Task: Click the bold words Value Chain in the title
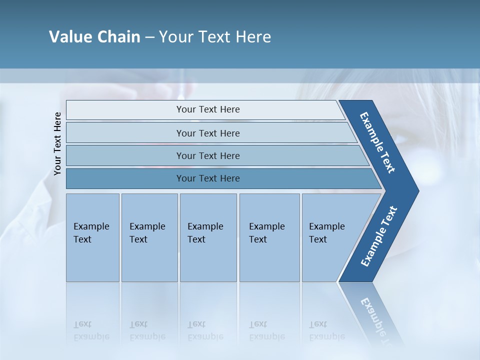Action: coord(94,37)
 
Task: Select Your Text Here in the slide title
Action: coord(215,37)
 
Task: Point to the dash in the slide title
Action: coord(149,37)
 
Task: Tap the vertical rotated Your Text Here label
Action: coord(57,143)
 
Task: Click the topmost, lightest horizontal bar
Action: coord(125,109)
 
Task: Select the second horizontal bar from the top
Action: coord(125,133)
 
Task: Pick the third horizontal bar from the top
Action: coord(125,155)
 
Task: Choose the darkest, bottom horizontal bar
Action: coord(125,178)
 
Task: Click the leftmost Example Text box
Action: coord(92,237)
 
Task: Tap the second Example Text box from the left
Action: coord(149,237)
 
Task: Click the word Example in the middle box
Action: coord(205,226)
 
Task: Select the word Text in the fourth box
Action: coord(258,239)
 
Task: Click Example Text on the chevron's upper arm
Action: coord(377,142)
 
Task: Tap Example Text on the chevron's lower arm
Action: coord(378,236)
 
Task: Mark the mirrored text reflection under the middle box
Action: coord(205,331)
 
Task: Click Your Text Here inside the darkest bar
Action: coord(208,178)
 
